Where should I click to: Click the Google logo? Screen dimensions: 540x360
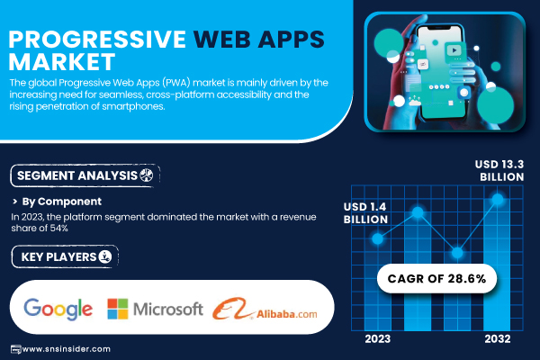tap(58, 309)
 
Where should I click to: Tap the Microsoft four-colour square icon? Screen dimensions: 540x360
tap(117, 309)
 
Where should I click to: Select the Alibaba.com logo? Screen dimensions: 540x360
tap(265, 309)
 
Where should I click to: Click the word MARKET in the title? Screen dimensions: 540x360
tap(61, 62)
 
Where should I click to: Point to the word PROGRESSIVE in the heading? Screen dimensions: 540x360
tap(97, 40)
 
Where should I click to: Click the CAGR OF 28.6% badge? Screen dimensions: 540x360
tap(436, 278)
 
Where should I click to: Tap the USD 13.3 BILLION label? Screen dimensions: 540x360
tap(499, 170)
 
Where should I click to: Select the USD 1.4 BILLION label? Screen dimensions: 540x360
tap(365, 213)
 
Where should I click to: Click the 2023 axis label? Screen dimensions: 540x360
tap(378, 339)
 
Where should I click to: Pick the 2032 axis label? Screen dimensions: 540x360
tap(498, 339)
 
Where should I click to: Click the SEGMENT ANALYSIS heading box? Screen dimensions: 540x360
tap(85, 175)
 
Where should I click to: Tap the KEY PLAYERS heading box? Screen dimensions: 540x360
tap(65, 256)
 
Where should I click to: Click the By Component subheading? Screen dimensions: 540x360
tap(61, 202)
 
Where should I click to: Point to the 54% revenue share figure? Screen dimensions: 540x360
tap(58, 228)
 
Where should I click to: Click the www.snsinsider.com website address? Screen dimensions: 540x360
tap(66, 349)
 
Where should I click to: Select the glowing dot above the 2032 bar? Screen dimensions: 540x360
tap(498, 199)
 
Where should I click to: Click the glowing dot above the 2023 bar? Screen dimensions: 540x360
tap(378, 238)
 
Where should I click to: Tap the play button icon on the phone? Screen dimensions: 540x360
tap(454, 50)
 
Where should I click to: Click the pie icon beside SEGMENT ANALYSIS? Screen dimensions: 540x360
tap(147, 175)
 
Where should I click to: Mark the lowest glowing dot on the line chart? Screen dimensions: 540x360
tap(457, 253)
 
